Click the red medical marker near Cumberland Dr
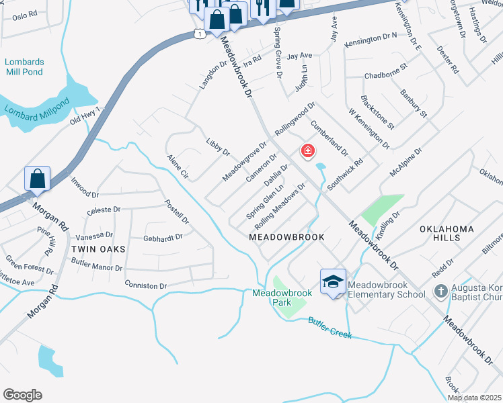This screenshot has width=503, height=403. point(308,151)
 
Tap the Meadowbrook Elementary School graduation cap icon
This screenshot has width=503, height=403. point(333,282)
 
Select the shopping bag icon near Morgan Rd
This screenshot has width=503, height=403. point(38,179)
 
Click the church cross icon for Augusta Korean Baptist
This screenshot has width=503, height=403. point(440,291)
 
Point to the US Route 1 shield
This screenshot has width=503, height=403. point(200,34)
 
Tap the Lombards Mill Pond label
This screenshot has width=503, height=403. point(25,67)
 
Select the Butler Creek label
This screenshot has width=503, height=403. point(330,328)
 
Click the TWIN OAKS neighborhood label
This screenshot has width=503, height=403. point(98,249)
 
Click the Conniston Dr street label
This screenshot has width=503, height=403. point(145,286)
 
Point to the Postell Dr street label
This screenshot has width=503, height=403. point(177,211)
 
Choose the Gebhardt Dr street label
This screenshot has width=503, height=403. point(163,238)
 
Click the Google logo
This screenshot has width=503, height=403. point(22,395)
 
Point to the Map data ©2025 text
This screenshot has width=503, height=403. point(474,398)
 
